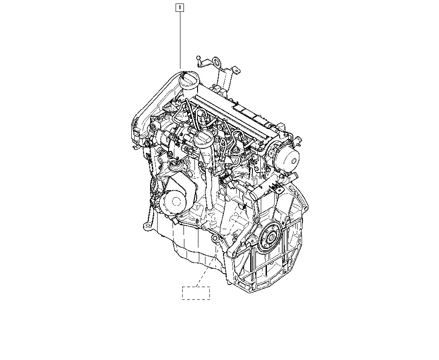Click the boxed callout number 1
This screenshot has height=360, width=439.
(180, 7)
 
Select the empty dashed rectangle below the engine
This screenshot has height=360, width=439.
(196, 293)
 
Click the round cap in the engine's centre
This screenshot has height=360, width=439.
(203, 139)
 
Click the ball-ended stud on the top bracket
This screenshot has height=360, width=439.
(198, 58)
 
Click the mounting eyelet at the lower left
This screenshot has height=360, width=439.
(146, 226)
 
